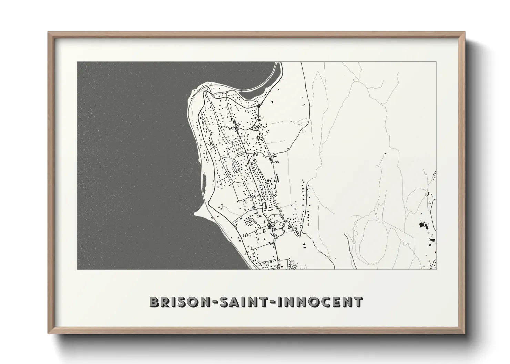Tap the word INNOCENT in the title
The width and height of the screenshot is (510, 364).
point(318,302)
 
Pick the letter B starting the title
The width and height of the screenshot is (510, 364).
point(154,302)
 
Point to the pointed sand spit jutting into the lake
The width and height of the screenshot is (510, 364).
point(198,213)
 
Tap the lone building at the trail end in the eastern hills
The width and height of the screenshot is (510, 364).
point(385,153)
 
